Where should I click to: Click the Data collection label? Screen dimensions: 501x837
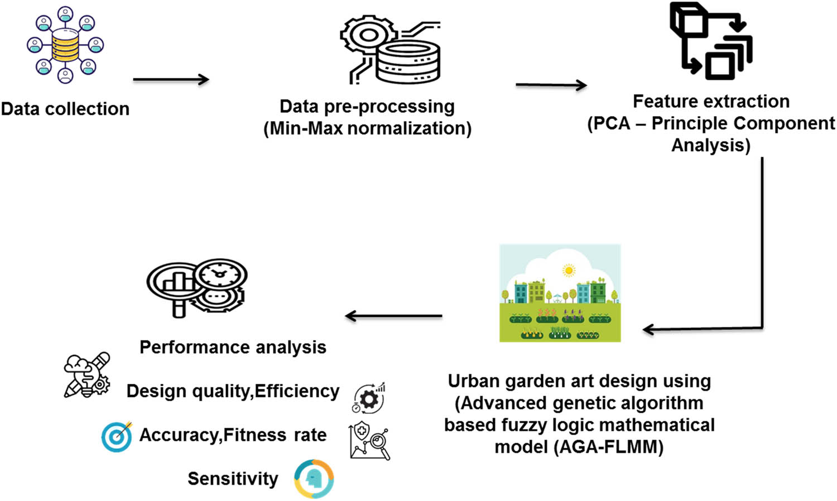click(65, 109)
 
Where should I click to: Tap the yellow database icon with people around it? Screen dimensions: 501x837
click(65, 45)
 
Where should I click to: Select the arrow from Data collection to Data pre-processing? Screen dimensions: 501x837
click(171, 80)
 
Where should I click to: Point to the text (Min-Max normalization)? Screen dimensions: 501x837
click(367, 128)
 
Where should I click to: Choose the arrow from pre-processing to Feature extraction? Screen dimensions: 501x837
click(551, 85)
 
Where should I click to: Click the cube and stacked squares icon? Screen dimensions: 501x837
click(710, 41)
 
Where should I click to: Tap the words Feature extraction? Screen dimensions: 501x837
click(711, 102)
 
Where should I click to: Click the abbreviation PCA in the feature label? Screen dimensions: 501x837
click(612, 123)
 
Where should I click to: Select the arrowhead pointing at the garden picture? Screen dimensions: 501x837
click(648, 329)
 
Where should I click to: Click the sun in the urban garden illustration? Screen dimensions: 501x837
click(569, 271)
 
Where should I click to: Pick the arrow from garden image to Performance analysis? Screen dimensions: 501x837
click(393, 316)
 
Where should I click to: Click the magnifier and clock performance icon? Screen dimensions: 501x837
click(196, 287)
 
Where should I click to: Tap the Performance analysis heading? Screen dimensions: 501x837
click(233, 348)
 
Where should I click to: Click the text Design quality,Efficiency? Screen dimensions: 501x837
click(233, 391)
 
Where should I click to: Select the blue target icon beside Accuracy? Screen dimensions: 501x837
click(117, 436)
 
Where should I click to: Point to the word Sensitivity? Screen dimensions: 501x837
click(233, 479)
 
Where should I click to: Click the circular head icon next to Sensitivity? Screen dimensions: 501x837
click(314, 479)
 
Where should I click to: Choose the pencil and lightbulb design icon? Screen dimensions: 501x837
click(87, 375)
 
